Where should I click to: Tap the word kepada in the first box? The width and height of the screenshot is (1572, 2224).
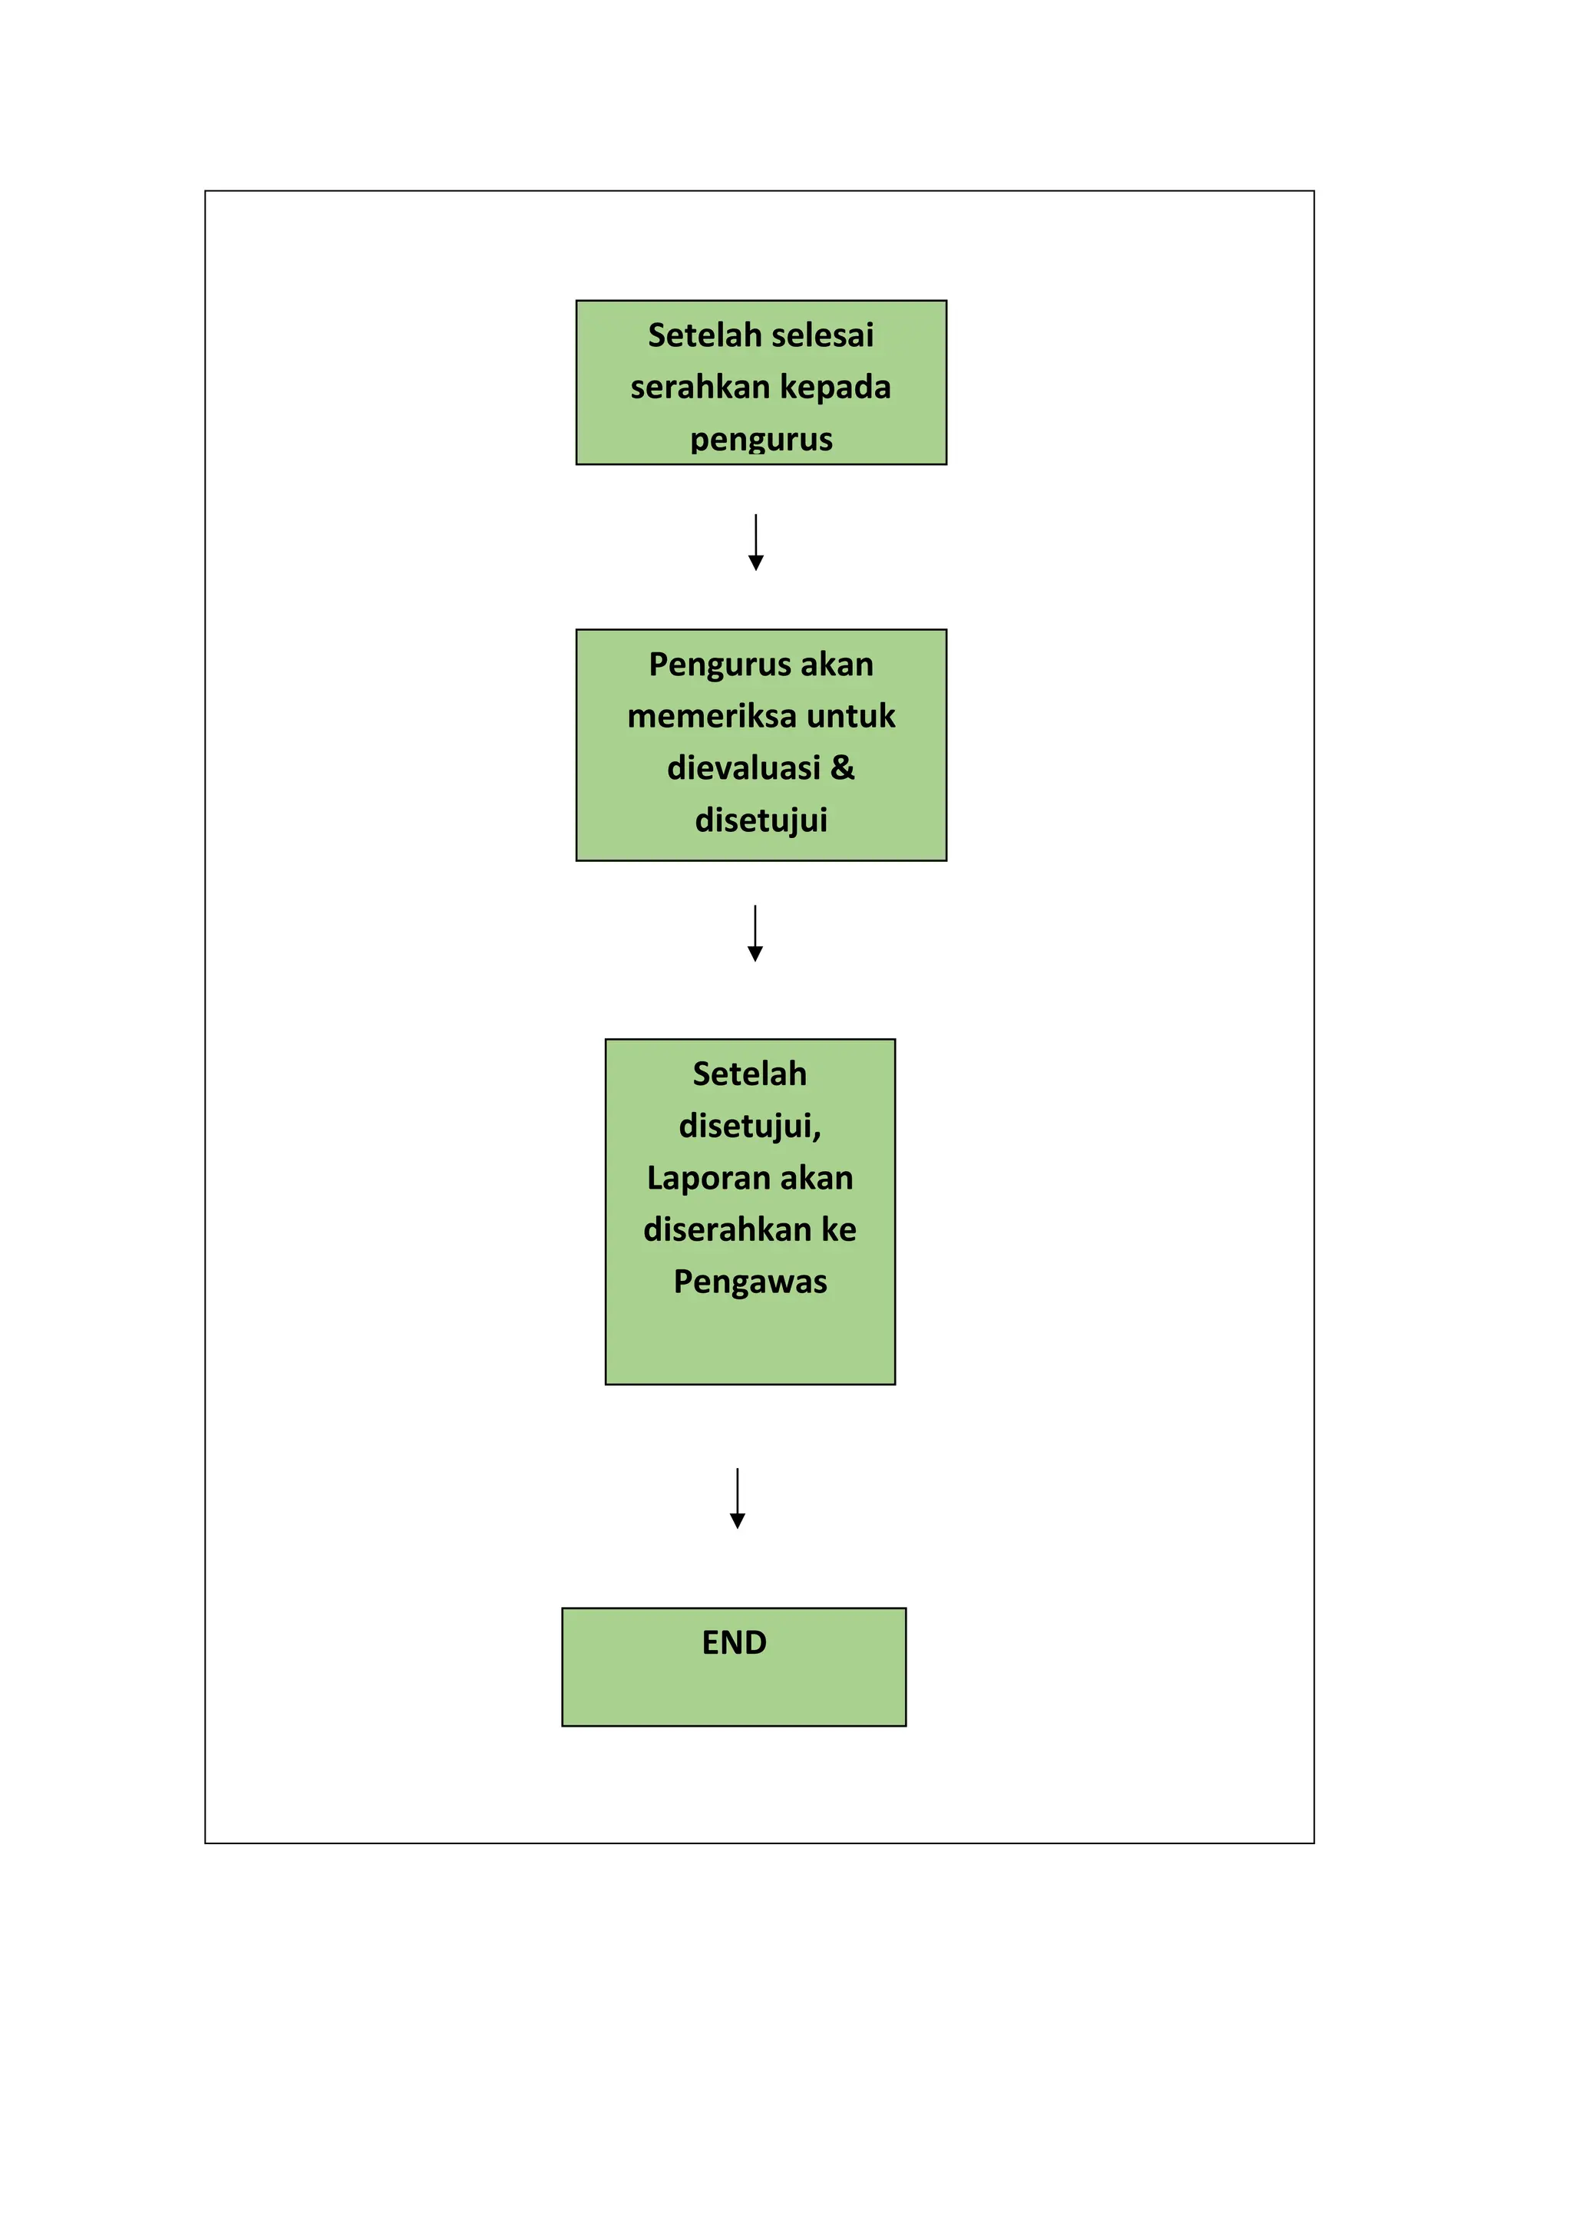pyautogui.click(x=835, y=388)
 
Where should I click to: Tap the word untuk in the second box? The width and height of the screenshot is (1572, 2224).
pyautogui.click(x=850, y=716)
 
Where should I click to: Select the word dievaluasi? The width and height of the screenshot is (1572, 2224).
pyautogui.click(x=744, y=768)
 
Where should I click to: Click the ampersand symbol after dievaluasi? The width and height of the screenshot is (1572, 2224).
pyautogui.click(x=842, y=767)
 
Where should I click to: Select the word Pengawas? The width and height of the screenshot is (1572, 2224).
pyautogui.click(x=750, y=1282)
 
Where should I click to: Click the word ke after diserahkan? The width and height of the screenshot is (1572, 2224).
pyautogui.click(x=839, y=1229)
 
